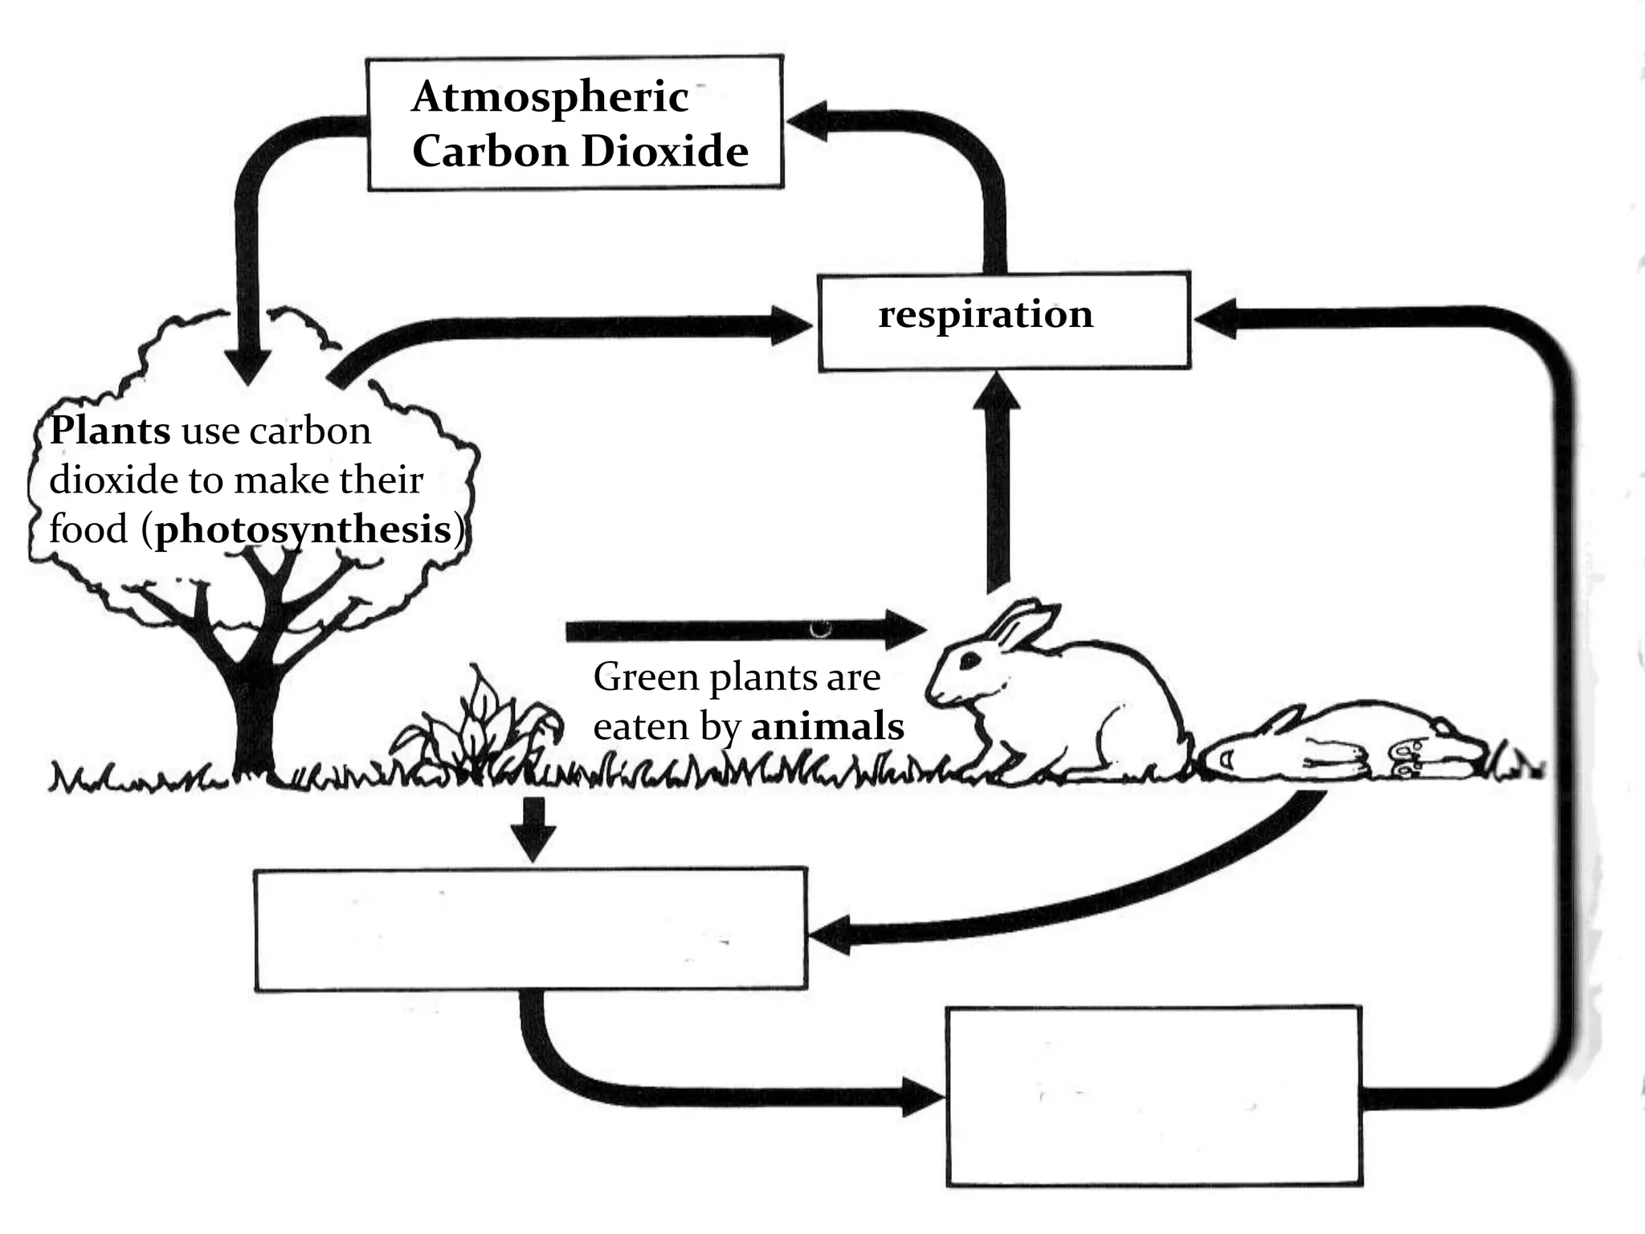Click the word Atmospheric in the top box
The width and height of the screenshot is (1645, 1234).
550,98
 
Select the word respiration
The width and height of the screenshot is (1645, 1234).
986,314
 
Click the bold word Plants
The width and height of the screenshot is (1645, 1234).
110,431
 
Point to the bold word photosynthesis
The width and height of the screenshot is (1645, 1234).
304,530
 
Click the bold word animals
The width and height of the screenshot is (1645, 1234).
827,727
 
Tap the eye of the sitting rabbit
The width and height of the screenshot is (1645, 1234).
970,660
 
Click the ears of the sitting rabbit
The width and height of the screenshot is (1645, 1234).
1020,625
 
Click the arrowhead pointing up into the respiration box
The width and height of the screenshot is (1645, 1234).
996,394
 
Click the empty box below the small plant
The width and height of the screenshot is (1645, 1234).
530,929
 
